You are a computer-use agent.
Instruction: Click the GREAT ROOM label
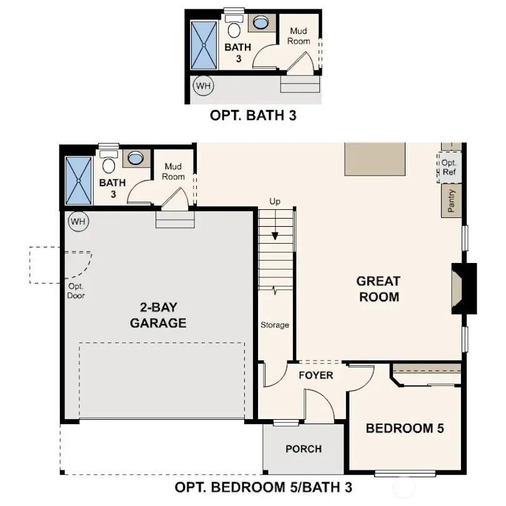379,289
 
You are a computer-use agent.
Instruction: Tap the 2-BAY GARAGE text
158,315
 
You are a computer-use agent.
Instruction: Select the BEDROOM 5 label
404,429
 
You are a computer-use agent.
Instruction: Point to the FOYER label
315,375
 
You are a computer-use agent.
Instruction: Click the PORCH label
303,449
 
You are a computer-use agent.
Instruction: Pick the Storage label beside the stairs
275,325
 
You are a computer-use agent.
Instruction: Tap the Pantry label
451,200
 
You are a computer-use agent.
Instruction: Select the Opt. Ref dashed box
449,167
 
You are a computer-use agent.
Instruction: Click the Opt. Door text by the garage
76,292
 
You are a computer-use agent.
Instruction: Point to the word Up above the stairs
275,202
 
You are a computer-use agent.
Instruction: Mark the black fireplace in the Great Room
464,288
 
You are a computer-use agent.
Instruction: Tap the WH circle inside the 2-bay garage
79,221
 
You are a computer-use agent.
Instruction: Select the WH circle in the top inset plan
202,85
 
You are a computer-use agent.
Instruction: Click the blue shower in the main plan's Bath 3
79,180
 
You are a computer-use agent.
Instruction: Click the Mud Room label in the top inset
298,36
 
